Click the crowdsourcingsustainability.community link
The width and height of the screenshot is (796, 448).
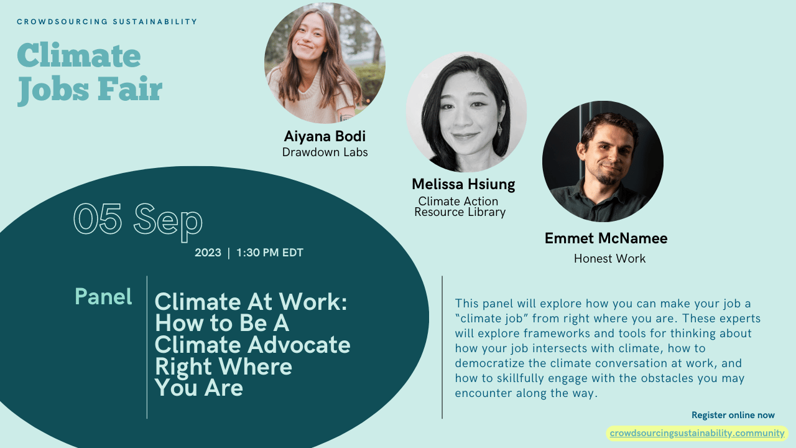pyautogui.click(x=697, y=433)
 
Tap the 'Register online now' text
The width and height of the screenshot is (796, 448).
pyautogui.click(x=733, y=415)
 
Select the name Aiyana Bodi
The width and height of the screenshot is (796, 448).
pyautogui.click(x=325, y=136)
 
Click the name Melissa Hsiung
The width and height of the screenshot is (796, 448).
pyautogui.click(x=463, y=184)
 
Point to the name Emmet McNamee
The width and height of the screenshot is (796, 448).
pyautogui.click(x=606, y=238)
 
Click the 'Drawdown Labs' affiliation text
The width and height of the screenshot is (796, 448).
pyautogui.click(x=325, y=152)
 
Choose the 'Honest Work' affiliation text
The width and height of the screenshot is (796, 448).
pyautogui.click(x=609, y=258)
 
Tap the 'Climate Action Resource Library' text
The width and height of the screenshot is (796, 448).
pyautogui.click(x=460, y=207)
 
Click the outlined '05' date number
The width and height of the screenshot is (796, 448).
pyautogui.click(x=98, y=218)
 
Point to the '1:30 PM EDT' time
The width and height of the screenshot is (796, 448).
pyautogui.click(x=270, y=253)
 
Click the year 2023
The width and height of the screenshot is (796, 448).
pyautogui.click(x=208, y=253)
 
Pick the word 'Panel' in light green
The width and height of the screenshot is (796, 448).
pyautogui.click(x=103, y=297)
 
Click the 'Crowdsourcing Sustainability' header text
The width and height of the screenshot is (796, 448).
pyautogui.click(x=107, y=22)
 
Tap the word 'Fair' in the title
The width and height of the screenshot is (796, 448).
pyautogui.click(x=130, y=88)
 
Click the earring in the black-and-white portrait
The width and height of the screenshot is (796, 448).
pyautogui.click(x=499, y=128)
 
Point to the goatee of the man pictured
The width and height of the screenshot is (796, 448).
pyautogui.click(x=608, y=177)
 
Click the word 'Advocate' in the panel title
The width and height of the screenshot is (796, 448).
pyautogui.click(x=299, y=345)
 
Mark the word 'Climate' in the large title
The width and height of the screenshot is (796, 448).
pyautogui.click(x=79, y=55)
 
